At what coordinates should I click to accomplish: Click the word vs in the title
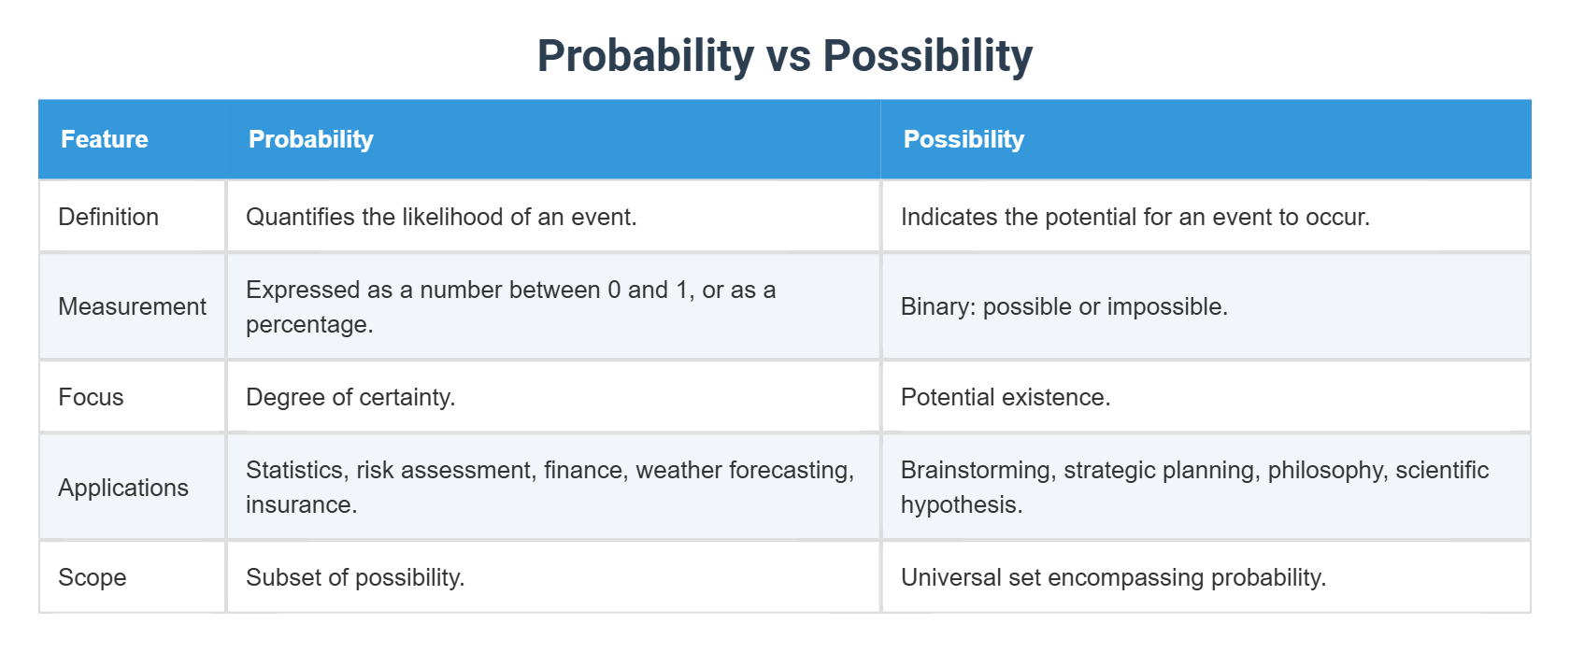point(788,56)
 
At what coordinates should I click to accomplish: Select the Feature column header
point(105,139)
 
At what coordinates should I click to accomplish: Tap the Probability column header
point(310,139)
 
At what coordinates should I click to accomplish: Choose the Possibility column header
point(963,139)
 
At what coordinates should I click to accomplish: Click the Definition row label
point(108,217)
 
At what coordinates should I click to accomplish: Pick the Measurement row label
point(132,306)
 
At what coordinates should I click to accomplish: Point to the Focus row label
point(91,397)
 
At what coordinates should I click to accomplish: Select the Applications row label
point(123,488)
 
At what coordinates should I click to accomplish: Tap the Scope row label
point(92,577)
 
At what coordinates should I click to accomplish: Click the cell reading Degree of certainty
point(350,397)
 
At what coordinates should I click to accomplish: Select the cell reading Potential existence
point(1006,397)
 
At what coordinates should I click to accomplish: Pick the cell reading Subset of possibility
point(355,577)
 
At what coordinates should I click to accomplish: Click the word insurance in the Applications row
point(300,504)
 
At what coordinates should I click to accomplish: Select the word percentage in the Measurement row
point(308,324)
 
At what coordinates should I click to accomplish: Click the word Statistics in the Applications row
point(296,470)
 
